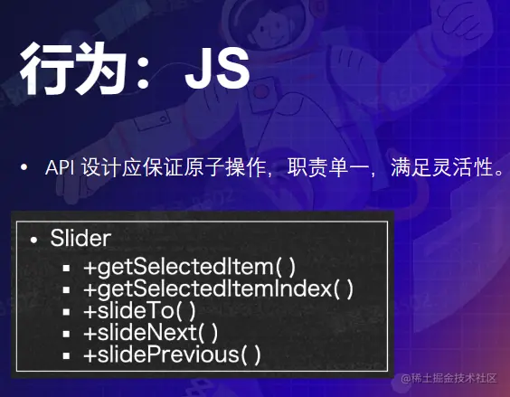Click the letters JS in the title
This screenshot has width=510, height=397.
point(217,69)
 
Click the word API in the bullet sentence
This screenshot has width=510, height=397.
point(61,168)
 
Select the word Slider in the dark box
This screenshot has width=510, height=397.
point(80,238)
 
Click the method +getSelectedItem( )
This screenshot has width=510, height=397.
point(190,267)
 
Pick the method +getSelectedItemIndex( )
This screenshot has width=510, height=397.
point(218,289)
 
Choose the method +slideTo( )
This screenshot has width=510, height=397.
point(139,311)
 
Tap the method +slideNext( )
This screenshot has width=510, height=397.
point(151,333)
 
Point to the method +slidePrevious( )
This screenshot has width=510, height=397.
point(172,354)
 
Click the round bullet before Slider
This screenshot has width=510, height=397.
point(33,241)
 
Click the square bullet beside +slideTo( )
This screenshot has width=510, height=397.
point(66,312)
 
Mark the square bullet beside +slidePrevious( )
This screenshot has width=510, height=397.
point(66,355)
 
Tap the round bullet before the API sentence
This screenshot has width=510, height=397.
point(24,167)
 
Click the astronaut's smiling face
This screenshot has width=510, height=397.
point(273,26)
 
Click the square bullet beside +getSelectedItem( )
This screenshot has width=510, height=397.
point(66,269)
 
